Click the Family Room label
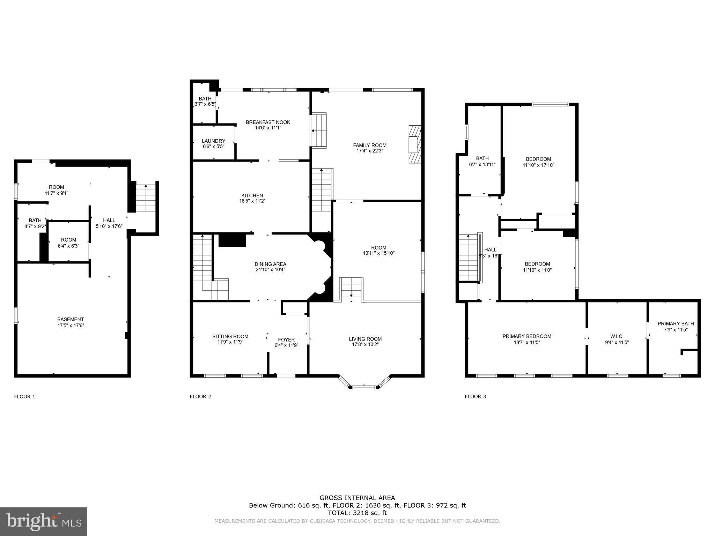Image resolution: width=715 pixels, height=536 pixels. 370,145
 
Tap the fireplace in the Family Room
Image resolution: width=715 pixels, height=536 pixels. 415,144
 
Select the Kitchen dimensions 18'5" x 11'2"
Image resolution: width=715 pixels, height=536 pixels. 252,201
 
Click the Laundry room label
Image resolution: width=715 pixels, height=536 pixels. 214,141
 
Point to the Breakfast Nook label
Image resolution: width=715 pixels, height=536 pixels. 268,122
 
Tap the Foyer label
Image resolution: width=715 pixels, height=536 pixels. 286,340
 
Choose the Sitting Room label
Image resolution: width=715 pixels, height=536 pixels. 230,336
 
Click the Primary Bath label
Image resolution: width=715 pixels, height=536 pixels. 676,323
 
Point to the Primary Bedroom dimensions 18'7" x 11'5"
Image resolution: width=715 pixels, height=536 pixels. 527,342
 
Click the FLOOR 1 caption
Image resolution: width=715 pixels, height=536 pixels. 24,396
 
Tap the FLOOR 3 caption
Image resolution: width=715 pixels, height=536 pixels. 475,396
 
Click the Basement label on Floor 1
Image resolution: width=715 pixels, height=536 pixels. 71,319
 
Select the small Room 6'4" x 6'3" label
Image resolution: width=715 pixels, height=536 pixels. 68,240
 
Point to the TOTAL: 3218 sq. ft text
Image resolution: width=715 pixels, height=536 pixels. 357,513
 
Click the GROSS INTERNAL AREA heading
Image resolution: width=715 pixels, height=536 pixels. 357,498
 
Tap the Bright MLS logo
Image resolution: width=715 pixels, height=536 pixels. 44,522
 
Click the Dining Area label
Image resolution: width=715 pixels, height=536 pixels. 270,264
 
